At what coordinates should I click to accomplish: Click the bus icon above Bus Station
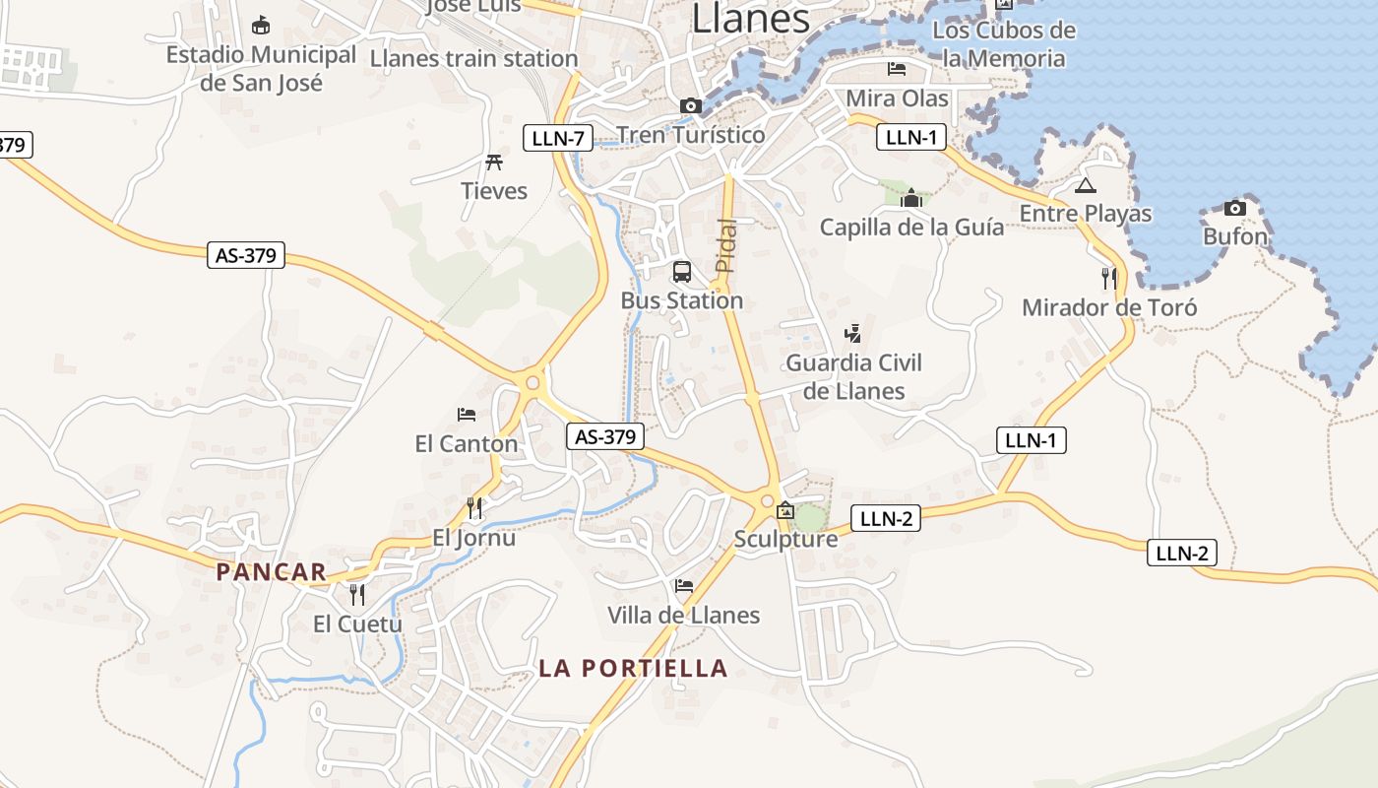681,272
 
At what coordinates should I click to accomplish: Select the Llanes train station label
473,58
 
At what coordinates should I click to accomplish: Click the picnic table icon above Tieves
494,163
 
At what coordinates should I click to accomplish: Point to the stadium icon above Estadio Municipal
261,25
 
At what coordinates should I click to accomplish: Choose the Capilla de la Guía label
911,228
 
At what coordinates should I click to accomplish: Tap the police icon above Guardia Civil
853,334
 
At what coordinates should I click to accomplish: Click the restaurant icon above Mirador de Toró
1109,279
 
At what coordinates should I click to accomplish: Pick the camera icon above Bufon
1234,208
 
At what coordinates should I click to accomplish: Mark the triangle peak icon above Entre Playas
1085,185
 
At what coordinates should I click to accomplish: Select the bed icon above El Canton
467,415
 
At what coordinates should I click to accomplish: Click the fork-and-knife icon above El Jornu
474,508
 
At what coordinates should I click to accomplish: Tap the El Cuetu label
357,624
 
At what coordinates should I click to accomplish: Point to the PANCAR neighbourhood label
271,571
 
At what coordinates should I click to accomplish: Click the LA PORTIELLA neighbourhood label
633,668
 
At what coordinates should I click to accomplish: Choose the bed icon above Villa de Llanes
684,586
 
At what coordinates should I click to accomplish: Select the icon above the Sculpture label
785,510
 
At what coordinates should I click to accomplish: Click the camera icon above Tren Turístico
691,105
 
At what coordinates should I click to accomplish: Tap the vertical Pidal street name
725,245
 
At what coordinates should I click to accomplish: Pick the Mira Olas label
898,98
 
